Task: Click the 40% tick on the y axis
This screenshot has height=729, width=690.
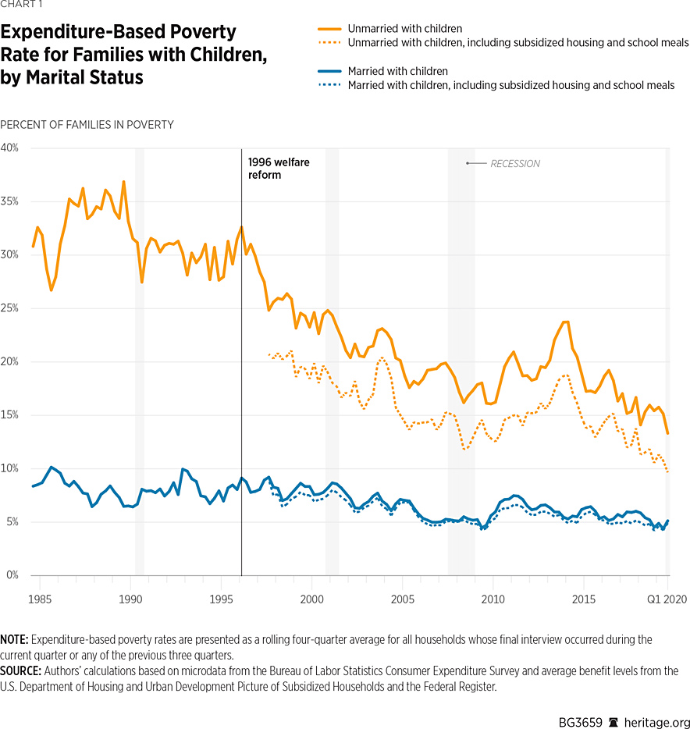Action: pos(9,148)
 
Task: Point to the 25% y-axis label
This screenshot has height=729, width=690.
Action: pos(9,308)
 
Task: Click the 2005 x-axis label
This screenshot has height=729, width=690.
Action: pos(402,599)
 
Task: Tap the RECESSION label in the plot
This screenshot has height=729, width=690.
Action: pos(514,164)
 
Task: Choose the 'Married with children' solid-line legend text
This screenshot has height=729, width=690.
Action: pos(398,71)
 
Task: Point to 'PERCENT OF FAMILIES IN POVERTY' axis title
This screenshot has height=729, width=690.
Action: pos(87,125)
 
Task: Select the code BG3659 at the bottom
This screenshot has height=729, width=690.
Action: pos(579,723)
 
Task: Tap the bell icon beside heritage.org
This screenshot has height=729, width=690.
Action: pos(614,723)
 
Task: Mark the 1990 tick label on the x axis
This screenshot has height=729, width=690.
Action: pos(130,599)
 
